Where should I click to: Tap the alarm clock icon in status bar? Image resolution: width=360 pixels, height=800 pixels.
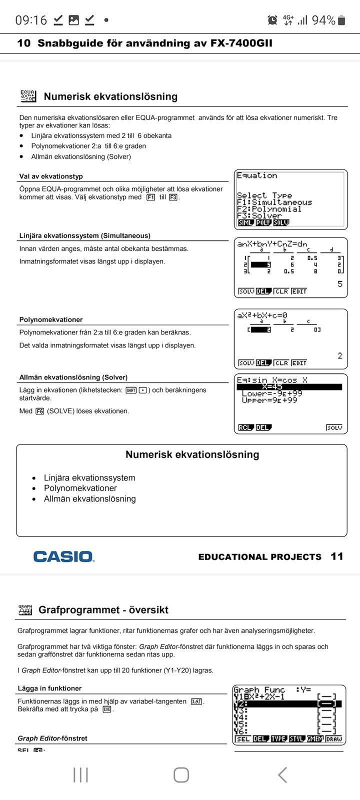(x=272, y=20)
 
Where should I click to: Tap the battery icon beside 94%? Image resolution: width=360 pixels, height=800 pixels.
(x=341, y=20)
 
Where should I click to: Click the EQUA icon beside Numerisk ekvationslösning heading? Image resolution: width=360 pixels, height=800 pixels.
(x=28, y=96)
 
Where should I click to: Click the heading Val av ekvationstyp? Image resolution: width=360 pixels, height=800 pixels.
(x=51, y=176)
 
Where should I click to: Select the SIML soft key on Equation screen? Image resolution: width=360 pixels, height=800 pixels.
(x=245, y=222)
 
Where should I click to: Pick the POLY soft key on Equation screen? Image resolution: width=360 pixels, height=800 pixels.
(x=263, y=222)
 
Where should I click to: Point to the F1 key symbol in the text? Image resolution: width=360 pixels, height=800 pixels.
(x=151, y=197)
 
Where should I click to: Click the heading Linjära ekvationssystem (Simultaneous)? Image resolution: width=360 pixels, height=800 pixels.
(x=84, y=236)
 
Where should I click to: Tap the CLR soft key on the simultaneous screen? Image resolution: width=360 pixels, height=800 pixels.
(x=281, y=291)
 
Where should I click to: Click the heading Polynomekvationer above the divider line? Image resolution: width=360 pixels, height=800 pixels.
(x=51, y=319)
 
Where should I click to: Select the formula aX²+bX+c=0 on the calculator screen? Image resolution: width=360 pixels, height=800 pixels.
(x=262, y=315)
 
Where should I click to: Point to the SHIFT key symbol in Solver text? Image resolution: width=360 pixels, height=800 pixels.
(x=131, y=390)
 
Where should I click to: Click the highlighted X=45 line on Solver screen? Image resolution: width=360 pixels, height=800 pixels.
(x=289, y=387)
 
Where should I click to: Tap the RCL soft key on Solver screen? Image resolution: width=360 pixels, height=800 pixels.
(x=245, y=427)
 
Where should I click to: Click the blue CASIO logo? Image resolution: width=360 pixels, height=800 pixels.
(x=63, y=556)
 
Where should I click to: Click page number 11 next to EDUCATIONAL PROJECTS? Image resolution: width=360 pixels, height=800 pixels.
(x=337, y=556)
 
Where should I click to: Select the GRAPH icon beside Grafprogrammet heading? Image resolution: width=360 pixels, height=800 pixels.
(x=25, y=609)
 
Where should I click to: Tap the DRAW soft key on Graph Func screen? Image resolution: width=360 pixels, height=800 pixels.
(x=334, y=739)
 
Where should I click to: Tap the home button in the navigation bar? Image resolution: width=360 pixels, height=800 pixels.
(x=181, y=775)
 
